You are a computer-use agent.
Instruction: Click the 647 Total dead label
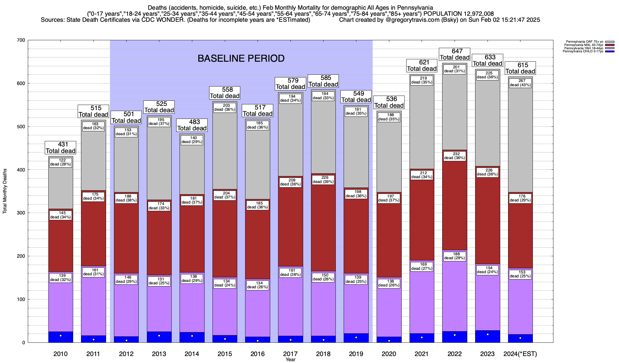pos(455,54)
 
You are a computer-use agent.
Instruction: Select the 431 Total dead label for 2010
pos(60,148)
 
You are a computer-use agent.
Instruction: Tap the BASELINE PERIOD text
pos(241,58)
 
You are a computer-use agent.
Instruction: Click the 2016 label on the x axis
pos(258,354)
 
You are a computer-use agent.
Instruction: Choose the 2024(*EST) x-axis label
pos(520,354)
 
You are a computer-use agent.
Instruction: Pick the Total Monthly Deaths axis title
pos(5,191)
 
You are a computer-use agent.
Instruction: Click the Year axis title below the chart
pos(290,360)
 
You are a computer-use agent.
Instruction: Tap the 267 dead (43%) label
pos(520,83)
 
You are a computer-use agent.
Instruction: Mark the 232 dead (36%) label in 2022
pos(455,156)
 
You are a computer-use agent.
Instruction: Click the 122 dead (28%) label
pos(60,162)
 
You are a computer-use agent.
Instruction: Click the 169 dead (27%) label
pos(422,267)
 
